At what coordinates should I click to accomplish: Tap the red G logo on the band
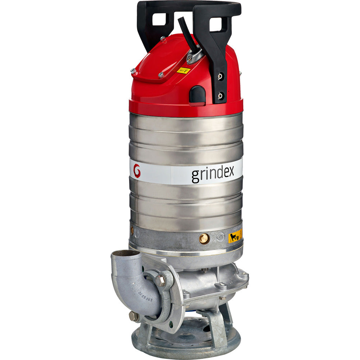click(137, 171)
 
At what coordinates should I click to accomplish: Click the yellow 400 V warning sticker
click(183, 70)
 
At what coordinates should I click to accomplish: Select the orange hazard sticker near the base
click(235, 236)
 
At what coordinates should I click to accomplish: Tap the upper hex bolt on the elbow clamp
click(160, 280)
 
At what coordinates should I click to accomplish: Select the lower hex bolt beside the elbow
click(134, 316)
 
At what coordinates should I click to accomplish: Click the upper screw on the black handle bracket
click(220, 76)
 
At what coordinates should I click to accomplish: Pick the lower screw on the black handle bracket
click(220, 95)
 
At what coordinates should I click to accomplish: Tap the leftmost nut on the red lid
click(134, 71)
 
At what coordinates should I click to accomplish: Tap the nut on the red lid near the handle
click(163, 39)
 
